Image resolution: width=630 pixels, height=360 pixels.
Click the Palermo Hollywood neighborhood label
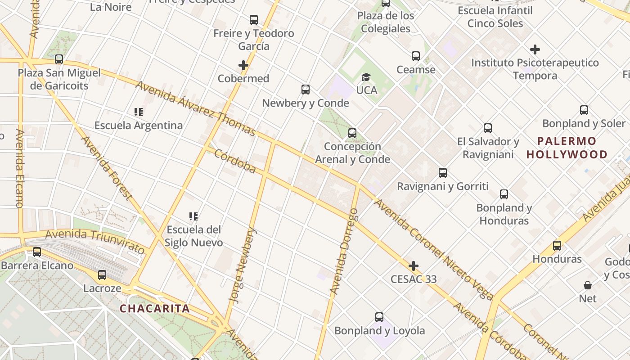[567, 148]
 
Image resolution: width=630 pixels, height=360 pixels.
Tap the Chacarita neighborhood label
[154, 309]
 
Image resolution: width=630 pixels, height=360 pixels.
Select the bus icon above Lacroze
[102, 275]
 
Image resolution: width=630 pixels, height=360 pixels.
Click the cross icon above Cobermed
[243, 65]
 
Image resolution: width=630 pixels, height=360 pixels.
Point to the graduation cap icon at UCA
[366, 77]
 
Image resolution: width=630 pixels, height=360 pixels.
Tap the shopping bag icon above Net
[588, 285]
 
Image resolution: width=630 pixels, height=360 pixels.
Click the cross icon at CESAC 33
[413, 266]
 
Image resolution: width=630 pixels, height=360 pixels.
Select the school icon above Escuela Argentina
[139, 112]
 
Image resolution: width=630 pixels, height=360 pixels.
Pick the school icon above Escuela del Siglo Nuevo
[193, 216]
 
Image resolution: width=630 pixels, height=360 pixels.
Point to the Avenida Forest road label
[107, 167]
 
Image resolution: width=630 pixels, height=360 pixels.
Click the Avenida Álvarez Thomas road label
[195, 108]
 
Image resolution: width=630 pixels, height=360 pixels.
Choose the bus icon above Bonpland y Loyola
[379, 317]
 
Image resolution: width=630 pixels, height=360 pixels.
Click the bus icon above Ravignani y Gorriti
[443, 173]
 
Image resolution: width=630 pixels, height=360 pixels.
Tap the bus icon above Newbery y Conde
[306, 90]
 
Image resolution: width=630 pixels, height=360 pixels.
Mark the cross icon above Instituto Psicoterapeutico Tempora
[535, 49]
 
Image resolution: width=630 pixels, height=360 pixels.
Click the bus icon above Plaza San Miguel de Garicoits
[59, 59]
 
